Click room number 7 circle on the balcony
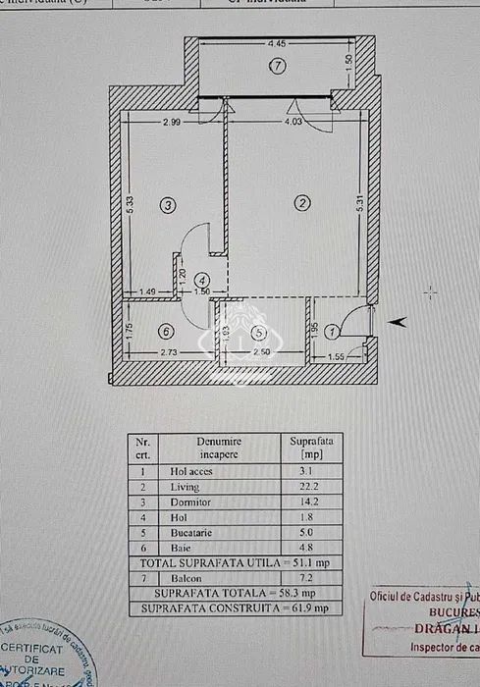(277, 67)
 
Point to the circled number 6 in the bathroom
(167, 332)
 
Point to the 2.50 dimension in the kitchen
(261, 352)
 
